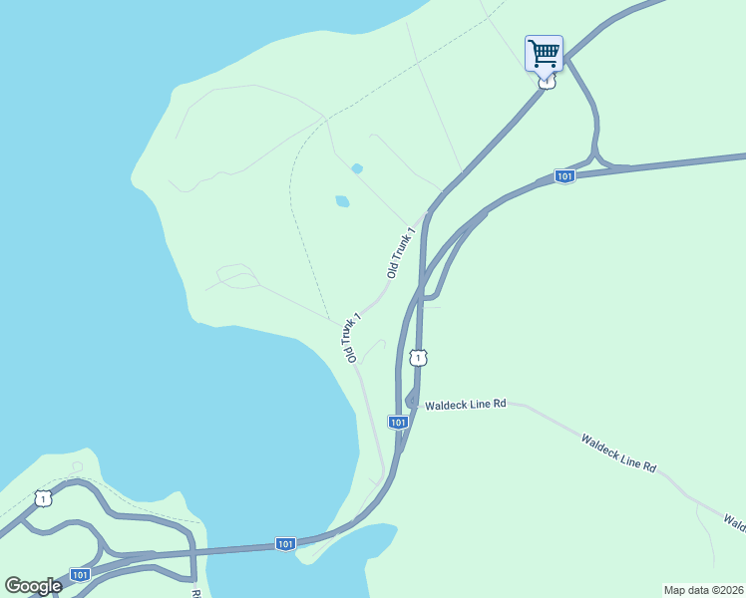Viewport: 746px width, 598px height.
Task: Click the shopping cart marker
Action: pos(544,52)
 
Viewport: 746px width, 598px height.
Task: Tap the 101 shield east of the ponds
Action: pos(564,176)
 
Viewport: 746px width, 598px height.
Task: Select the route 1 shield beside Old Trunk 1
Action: pos(419,357)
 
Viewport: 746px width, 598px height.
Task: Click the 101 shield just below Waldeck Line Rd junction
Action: pos(398,423)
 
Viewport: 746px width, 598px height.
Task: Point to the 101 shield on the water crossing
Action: pos(286,544)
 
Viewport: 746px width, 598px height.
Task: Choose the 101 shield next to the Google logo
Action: pos(80,575)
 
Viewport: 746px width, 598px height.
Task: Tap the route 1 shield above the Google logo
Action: pos(41,497)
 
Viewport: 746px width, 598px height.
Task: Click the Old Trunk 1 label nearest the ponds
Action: pos(400,253)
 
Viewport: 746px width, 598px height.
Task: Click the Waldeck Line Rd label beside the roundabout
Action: pos(466,405)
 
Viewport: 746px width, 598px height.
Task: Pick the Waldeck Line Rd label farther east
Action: pos(619,451)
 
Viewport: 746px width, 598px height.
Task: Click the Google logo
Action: pos(33,585)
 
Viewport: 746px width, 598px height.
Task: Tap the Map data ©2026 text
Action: pos(703,589)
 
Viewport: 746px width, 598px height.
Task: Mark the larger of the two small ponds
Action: pos(342,201)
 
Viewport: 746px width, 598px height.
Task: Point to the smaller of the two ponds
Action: pos(357,168)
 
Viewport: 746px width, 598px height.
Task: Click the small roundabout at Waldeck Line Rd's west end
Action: pos(411,400)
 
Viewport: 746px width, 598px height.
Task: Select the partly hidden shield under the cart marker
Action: pos(545,84)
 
